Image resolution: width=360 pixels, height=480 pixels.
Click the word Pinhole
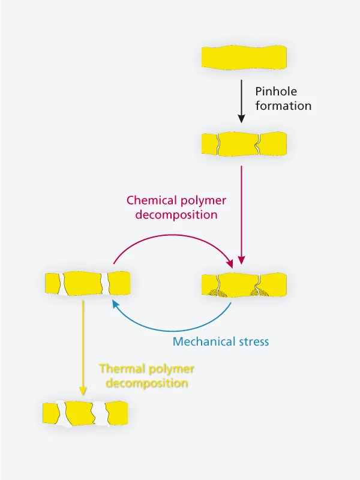pos(276,92)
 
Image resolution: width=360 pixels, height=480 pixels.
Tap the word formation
pos(283,106)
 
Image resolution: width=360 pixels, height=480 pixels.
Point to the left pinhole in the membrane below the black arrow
pos(218,144)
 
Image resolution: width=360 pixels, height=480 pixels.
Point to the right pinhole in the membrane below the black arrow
pos(258,144)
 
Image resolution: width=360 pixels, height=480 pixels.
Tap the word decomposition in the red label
pos(176,215)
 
